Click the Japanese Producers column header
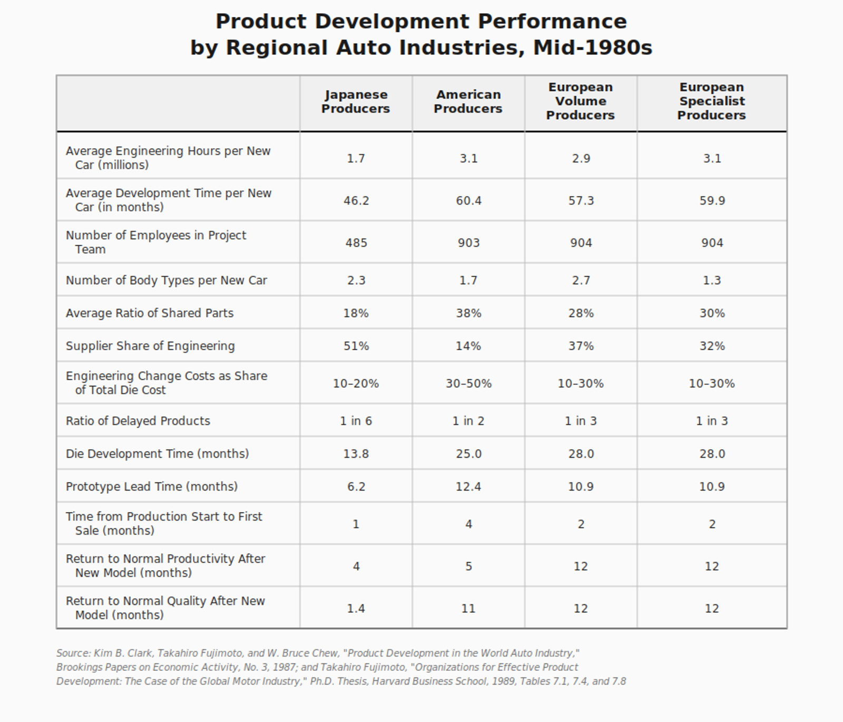point(356,102)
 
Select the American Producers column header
point(468,102)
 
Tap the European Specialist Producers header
point(711,101)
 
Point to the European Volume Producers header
point(580,101)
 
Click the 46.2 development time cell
point(356,201)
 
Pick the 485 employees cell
point(356,243)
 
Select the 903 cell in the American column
point(468,243)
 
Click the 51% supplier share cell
point(356,346)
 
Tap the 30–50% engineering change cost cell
point(468,384)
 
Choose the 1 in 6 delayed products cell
point(356,421)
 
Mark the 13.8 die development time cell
point(356,454)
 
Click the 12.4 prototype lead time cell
point(468,487)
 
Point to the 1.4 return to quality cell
point(356,609)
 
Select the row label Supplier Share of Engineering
point(150,346)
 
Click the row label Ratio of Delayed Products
point(138,421)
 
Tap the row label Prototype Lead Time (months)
point(152,487)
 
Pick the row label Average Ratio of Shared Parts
point(150,314)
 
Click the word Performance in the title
point(552,22)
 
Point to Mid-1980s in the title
point(593,48)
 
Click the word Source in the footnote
point(73,653)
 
